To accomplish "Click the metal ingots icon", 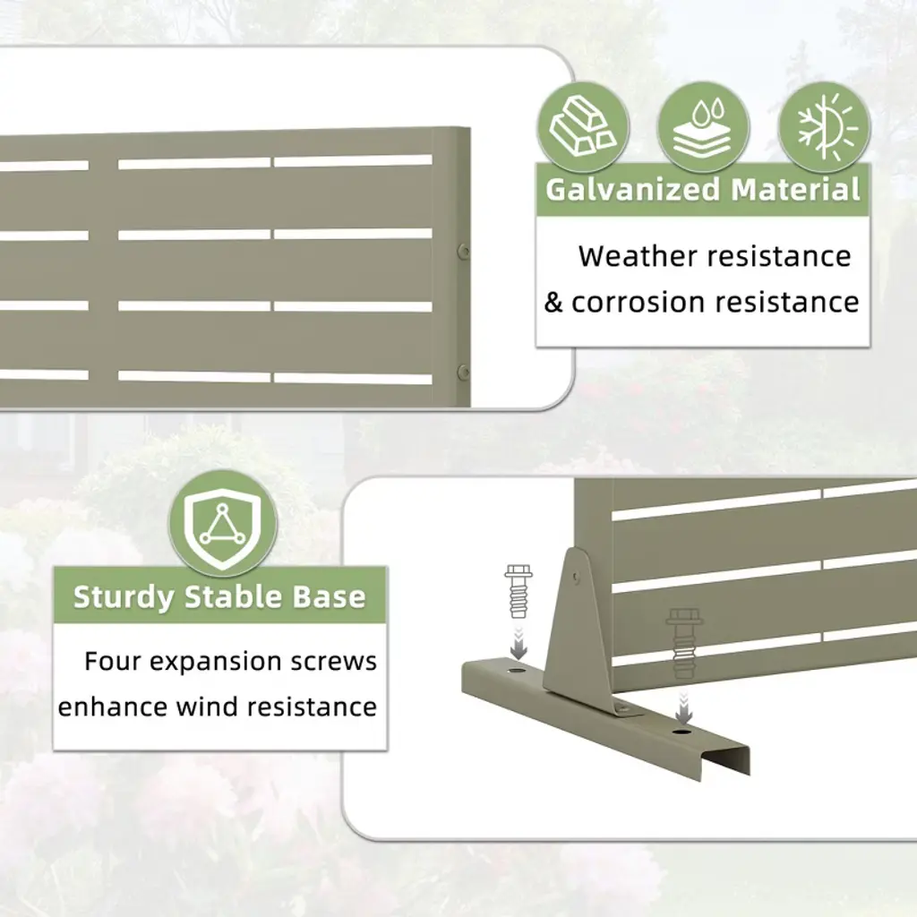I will pyautogui.click(x=582, y=127).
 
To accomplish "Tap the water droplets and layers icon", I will pyautogui.click(x=703, y=127).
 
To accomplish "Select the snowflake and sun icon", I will pyautogui.click(x=824, y=127).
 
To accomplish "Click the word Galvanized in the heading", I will pyautogui.click(x=632, y=190).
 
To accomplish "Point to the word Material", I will pyautogui.click(x=795, y=190).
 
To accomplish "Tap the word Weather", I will pyautogui.click(x=638, y=256).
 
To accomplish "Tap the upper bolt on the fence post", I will pyautogui.click(x=463, y=252).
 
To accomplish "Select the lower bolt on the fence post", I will pyautogui.click(x=463, y=371).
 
